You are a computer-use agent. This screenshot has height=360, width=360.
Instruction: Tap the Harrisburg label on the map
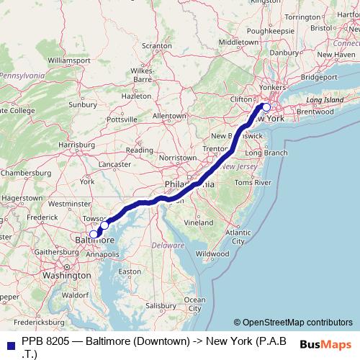[x=76, y=145]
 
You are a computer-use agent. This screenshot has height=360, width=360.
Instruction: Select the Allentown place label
[x=169, y=115]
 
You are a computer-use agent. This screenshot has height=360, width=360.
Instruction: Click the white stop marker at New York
[x=266, y=108]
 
